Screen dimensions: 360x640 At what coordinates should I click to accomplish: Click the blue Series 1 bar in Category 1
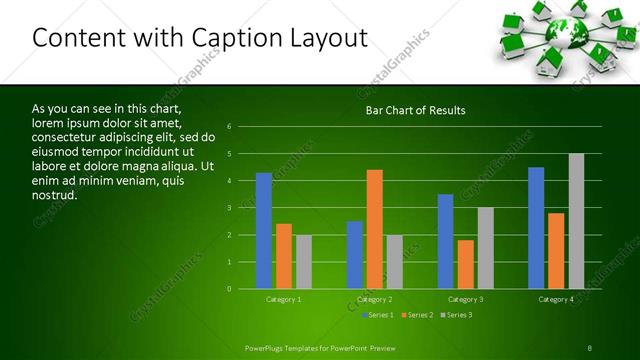tap(264, 231)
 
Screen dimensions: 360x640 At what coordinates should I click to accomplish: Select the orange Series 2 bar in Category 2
tap(374, 229)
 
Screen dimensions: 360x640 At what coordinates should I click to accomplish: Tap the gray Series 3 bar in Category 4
tap(576, 221)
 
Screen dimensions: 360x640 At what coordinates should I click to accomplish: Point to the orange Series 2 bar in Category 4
tap(556, 251)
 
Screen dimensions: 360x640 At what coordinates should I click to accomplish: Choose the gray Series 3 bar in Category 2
tap(394, 262)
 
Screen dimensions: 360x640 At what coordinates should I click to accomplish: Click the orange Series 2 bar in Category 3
tap(465, 264)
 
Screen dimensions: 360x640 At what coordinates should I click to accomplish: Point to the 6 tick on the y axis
tap(229, 127)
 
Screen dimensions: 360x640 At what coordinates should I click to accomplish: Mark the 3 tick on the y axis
tap(229, 208)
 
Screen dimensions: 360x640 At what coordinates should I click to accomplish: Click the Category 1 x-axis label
tap(284, 299)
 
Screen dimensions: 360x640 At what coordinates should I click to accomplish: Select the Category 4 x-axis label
tap(556, 299)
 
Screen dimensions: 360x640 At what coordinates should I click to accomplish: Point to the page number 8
tap(590, 347)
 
